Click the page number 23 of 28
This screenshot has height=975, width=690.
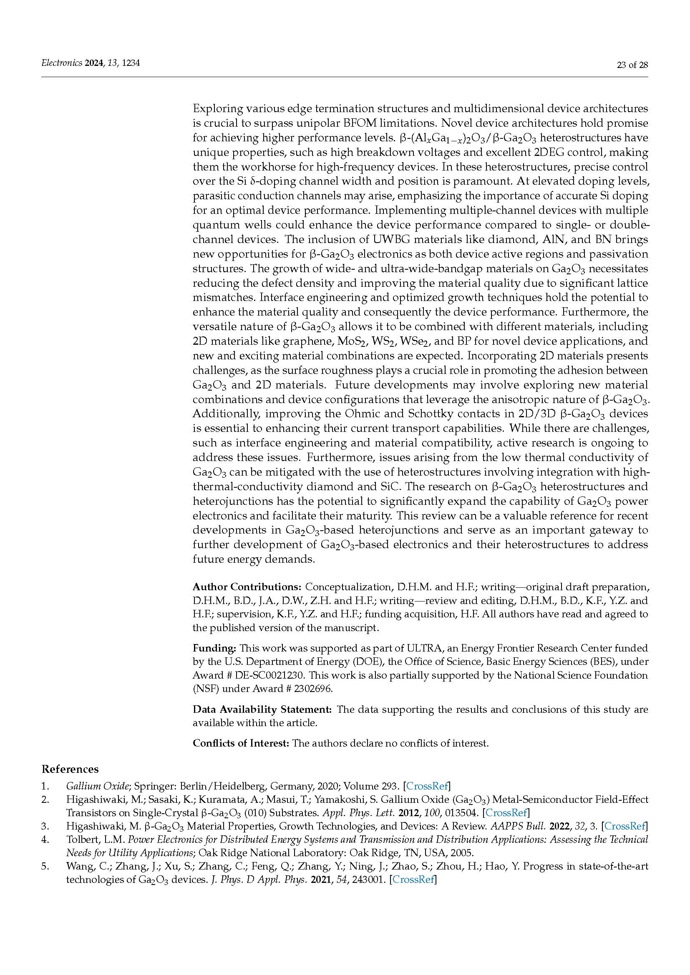pyautogui.click(x=632, y=65)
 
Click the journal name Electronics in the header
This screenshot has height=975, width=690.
pyautogui.click(x=61, y=63)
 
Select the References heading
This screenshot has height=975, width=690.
pyautogui.click(x=70, y=769)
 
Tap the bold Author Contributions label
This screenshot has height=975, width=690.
pyautogui.click(x=247, y=587)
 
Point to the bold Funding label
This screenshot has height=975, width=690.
pyautogui.click(x=214, y=648)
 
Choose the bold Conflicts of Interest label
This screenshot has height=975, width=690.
pyautogui.click(x=241, y=743)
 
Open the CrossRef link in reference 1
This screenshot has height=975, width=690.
pyautogui.click(x=428, y=786)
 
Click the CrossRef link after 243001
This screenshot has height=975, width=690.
pyautogui.click(x=413, y=880)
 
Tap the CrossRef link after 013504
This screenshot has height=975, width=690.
pyautogui.click(x=506, y=813)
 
